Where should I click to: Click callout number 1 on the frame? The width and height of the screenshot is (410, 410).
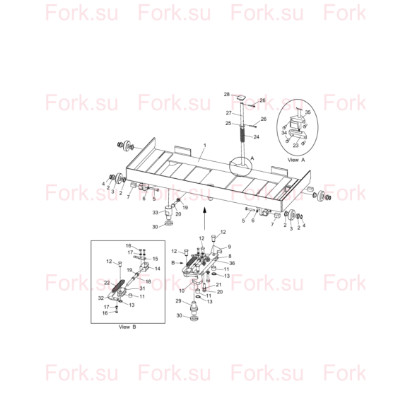(205, 145)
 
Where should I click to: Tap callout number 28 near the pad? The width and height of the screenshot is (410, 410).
(227, 95)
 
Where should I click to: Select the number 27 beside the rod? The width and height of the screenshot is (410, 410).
(229, 113)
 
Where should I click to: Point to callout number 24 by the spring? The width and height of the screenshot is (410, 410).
(256, 136)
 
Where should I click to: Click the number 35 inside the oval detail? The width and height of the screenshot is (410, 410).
(307, 112)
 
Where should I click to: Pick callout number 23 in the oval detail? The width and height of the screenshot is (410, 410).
(295, 146)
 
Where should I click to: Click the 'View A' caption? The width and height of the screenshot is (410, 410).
(296, 160)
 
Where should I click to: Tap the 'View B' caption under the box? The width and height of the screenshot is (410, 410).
(127, 327)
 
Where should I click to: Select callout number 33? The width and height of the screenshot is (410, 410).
(156, 213)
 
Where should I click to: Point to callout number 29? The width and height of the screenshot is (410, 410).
(178, 301)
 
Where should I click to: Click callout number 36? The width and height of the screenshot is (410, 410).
(232, 263)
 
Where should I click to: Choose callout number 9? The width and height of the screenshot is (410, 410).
(229, 247)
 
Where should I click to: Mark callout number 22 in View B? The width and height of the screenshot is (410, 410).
(107, 283)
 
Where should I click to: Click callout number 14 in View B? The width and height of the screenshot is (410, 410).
(158, 269)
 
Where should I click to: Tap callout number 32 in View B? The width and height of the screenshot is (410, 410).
(101, 298)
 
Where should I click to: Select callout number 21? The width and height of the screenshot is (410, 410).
(218, 284)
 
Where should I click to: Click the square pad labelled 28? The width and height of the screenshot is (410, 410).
(241, 98)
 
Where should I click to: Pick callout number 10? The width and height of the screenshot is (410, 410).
(182, 291)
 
